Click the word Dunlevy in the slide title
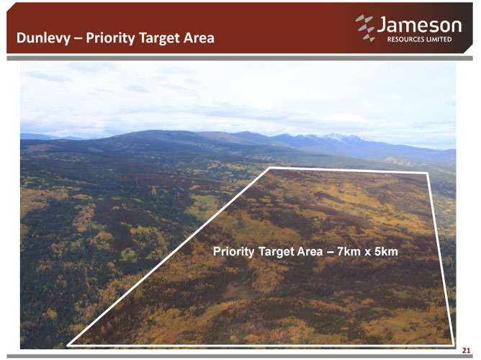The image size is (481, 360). [x=43, y=38]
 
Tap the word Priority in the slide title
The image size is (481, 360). [x=110, y=38]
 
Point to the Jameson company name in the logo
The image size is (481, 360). [x=419, y=24]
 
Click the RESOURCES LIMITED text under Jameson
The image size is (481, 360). [x=419, y=40]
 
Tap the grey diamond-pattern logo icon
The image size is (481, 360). [x=365, y=28]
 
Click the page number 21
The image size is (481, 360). [x=467, y=351]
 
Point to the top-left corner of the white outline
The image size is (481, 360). [x=270, y=168]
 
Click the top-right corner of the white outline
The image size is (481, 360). [x=427, y=174]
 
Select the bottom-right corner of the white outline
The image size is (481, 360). [x=453, y=344]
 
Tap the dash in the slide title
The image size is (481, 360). [x=78, y=39]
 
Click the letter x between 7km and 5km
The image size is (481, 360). [x=367, y=253]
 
